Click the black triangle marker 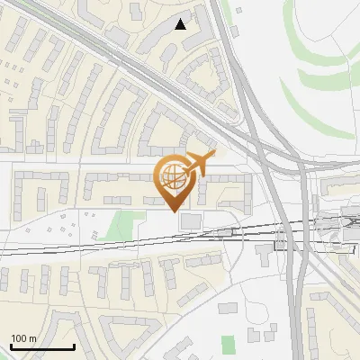(181, 24)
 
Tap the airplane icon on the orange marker (199, 163)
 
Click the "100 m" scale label (23, 338)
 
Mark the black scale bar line (41, 346)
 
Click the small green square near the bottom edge (228, 344)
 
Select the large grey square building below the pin (192, 221)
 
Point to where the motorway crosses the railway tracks (290, 230)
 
